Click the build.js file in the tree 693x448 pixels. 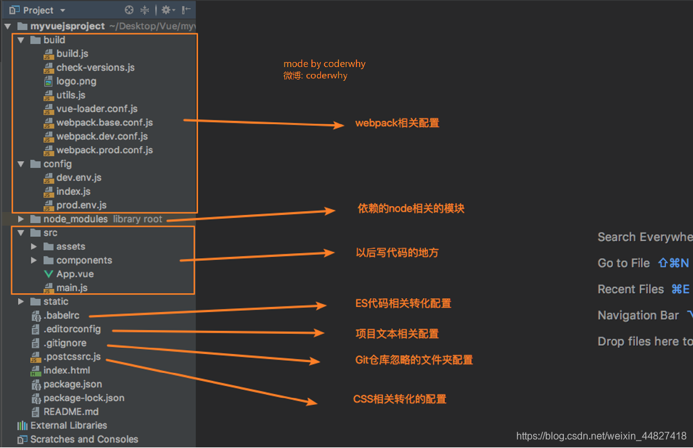point(72,54)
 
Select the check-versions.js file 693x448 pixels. point(95,68)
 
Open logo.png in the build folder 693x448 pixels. point(76,81)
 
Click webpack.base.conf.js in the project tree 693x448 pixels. point(104,123)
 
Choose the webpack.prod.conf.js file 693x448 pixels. point(104,150)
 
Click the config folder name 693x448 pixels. point(58,164)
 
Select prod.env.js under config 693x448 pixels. point(81,206)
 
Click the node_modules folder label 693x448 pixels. point(75,219)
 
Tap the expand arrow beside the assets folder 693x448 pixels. point(34,247)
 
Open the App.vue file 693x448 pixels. point(75,274)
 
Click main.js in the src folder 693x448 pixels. point(71,288)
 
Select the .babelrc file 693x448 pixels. point(61,316)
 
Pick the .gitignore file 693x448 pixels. point(65,343)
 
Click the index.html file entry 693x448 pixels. point(66,371)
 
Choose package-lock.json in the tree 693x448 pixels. point(84,399)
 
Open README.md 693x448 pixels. point(71,412)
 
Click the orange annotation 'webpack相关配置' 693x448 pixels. point(397,123)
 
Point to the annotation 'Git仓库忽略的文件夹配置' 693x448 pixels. point(414,360)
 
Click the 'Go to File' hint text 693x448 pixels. point(623,263)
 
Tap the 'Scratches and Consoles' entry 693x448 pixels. point(84,440)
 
